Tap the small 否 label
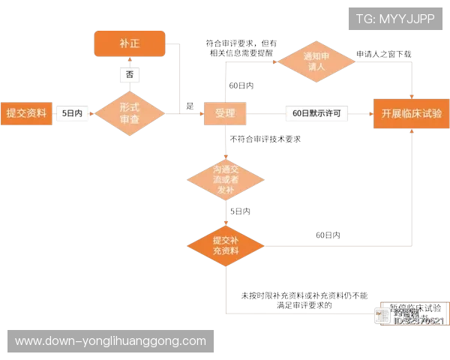130,75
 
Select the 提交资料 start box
26,113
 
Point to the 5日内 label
73,113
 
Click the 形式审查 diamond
130,113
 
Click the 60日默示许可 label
317,113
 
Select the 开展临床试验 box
411,113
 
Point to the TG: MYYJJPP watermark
395,18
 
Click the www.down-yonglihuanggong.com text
110,341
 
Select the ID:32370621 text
418,322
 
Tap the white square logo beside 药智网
382,316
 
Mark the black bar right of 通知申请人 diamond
384,52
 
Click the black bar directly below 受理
267,138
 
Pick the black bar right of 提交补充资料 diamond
327,233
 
